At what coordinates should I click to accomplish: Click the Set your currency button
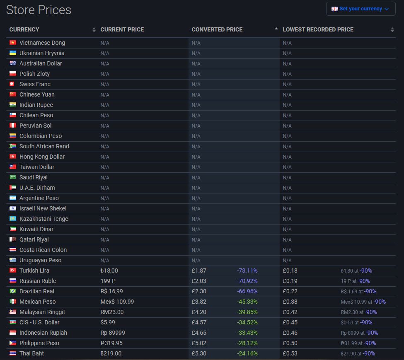point(360,9)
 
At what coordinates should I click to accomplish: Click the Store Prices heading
point(39,10)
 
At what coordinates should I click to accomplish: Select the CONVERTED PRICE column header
point(217,29)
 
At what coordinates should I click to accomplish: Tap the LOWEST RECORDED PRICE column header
point(318,29)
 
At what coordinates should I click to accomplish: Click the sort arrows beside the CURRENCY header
point(94,30)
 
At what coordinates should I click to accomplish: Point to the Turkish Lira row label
point(34,271)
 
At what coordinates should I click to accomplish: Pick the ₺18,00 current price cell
point(109,271)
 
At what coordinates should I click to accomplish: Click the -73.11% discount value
point(247,271)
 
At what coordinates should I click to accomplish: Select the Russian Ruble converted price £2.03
point(198,281)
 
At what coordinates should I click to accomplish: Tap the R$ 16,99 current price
point(111,291)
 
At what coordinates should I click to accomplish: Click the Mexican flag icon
point(12,302)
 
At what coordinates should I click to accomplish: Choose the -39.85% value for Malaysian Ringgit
point(247,312)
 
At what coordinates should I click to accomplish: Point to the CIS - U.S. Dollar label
point(39,322)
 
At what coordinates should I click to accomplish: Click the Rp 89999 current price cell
point(113,333)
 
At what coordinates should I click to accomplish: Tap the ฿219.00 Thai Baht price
point(111,353)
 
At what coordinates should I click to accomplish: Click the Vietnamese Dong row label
point(42,43)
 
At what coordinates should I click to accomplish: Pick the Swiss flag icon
point(12,84)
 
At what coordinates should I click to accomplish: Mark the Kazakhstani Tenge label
point(44,219)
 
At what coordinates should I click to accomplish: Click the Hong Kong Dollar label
point(42,157)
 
